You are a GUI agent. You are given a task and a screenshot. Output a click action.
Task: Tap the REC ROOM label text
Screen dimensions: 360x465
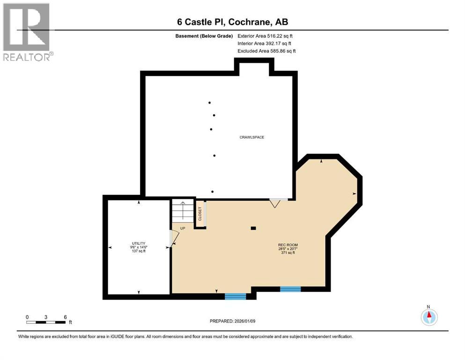(x=288, y=245)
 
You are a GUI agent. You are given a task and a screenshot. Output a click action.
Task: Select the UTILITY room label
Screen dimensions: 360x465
(x=139, y=243)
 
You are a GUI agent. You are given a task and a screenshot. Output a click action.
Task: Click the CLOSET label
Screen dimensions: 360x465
(x=200, y=214)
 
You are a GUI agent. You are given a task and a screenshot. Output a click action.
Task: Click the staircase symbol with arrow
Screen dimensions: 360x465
(x=183, y=210)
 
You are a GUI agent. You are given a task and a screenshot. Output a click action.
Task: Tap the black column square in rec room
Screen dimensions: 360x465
(x=253, y=228)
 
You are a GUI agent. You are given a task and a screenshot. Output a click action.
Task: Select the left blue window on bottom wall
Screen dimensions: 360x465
(x=235, y=296)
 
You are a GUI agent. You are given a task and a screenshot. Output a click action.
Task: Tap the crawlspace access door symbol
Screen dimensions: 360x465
(x=275, y=202)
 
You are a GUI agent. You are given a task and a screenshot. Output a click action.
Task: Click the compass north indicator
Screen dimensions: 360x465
(x=428, y=316)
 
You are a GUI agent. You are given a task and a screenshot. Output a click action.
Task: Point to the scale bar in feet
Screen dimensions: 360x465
(x=46, y=322)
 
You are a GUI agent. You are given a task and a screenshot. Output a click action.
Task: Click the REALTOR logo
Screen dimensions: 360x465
(x=27, y=32)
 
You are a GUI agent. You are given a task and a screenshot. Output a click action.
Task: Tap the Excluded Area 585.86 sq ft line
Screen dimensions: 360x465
(x=266, y=51)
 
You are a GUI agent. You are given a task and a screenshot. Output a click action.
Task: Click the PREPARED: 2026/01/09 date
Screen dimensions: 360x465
(x=233, y=321)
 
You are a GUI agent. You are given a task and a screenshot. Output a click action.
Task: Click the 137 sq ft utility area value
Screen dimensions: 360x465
(x=139, y=252)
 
